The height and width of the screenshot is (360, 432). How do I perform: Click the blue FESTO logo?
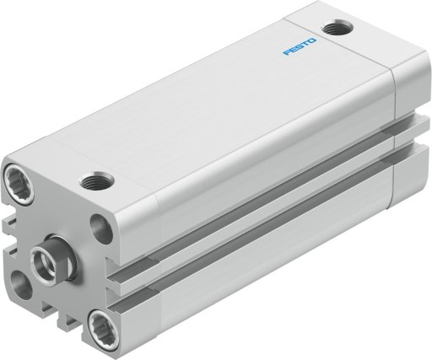coord(300,47)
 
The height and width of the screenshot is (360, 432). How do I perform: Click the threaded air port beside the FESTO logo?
coord(337,28)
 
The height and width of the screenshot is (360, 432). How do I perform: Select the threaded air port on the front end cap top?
coord(97,181)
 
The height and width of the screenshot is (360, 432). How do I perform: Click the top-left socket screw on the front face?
coord(19,183)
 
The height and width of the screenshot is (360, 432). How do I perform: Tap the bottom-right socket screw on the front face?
coord(103,326)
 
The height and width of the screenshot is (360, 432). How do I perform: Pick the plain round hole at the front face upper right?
coord(101,228)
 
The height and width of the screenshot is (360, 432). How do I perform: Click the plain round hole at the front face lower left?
coord(21,285)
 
